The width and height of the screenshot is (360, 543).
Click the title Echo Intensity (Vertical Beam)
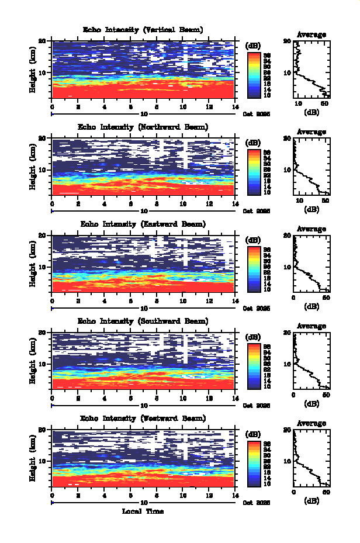[143, 30]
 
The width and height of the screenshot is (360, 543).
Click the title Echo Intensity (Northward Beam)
[143, 127]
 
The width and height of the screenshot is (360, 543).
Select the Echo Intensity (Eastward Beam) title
[143, 224]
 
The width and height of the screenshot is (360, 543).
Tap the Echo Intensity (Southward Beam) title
[143, 321]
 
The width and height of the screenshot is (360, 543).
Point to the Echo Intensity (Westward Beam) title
[143, 418]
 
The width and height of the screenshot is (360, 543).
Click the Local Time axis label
[143, 511]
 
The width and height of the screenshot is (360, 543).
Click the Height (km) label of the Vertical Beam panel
[33, 70]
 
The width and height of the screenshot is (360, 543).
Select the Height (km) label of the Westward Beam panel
[33, 458]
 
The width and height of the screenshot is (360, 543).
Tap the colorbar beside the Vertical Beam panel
[253, 75]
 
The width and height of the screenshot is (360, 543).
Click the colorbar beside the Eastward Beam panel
[253, 269]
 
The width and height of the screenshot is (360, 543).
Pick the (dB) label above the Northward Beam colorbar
[253, 143]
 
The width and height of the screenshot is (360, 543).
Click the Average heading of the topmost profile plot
[311, 34]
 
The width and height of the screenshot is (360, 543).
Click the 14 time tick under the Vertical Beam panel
[234, 106]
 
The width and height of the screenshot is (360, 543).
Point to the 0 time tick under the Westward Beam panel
[53, 494]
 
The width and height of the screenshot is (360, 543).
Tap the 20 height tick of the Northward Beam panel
[42, 139]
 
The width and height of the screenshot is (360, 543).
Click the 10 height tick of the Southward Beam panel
[42, 364]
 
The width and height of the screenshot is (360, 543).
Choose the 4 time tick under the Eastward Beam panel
[105, 300]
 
